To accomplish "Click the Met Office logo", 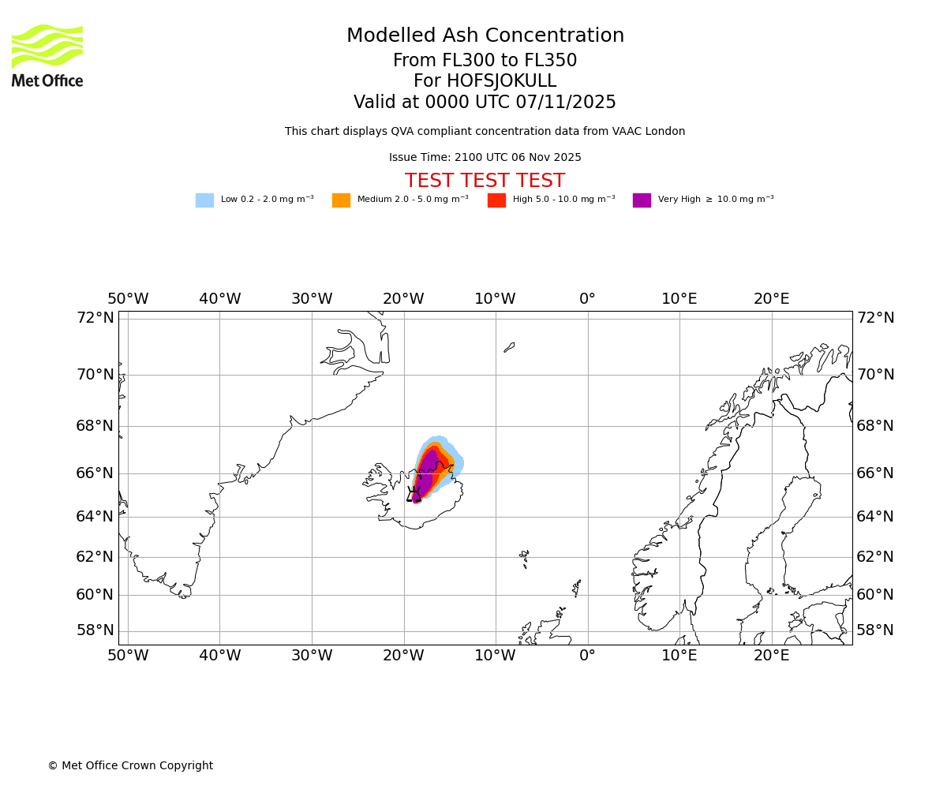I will click(x=47, y=55).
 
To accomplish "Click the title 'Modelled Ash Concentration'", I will click(x=485, y=36).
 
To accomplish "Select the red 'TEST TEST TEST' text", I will click(x=485, y=181).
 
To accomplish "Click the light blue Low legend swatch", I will click(x=204, y=200).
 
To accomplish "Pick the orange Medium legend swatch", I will click(x=341, y=200).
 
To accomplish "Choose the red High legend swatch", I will click(x=496, y=200).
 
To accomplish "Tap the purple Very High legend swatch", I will click(x=642, y=200).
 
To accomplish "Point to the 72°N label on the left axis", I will click(x=95, y=318).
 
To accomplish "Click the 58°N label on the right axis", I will click(x=875, y=630).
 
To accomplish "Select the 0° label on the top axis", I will click(x=587, y=299).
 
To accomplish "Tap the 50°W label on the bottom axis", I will click(x=128, y=656).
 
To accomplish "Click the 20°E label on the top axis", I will click(x=771, y=299).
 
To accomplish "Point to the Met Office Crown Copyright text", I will click(x=130, y=766).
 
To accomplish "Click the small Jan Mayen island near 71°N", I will click(x=509, y=347).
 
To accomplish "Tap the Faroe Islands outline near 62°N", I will click(x=524, y=559).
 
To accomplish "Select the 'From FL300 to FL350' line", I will click(x=485, y=61).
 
